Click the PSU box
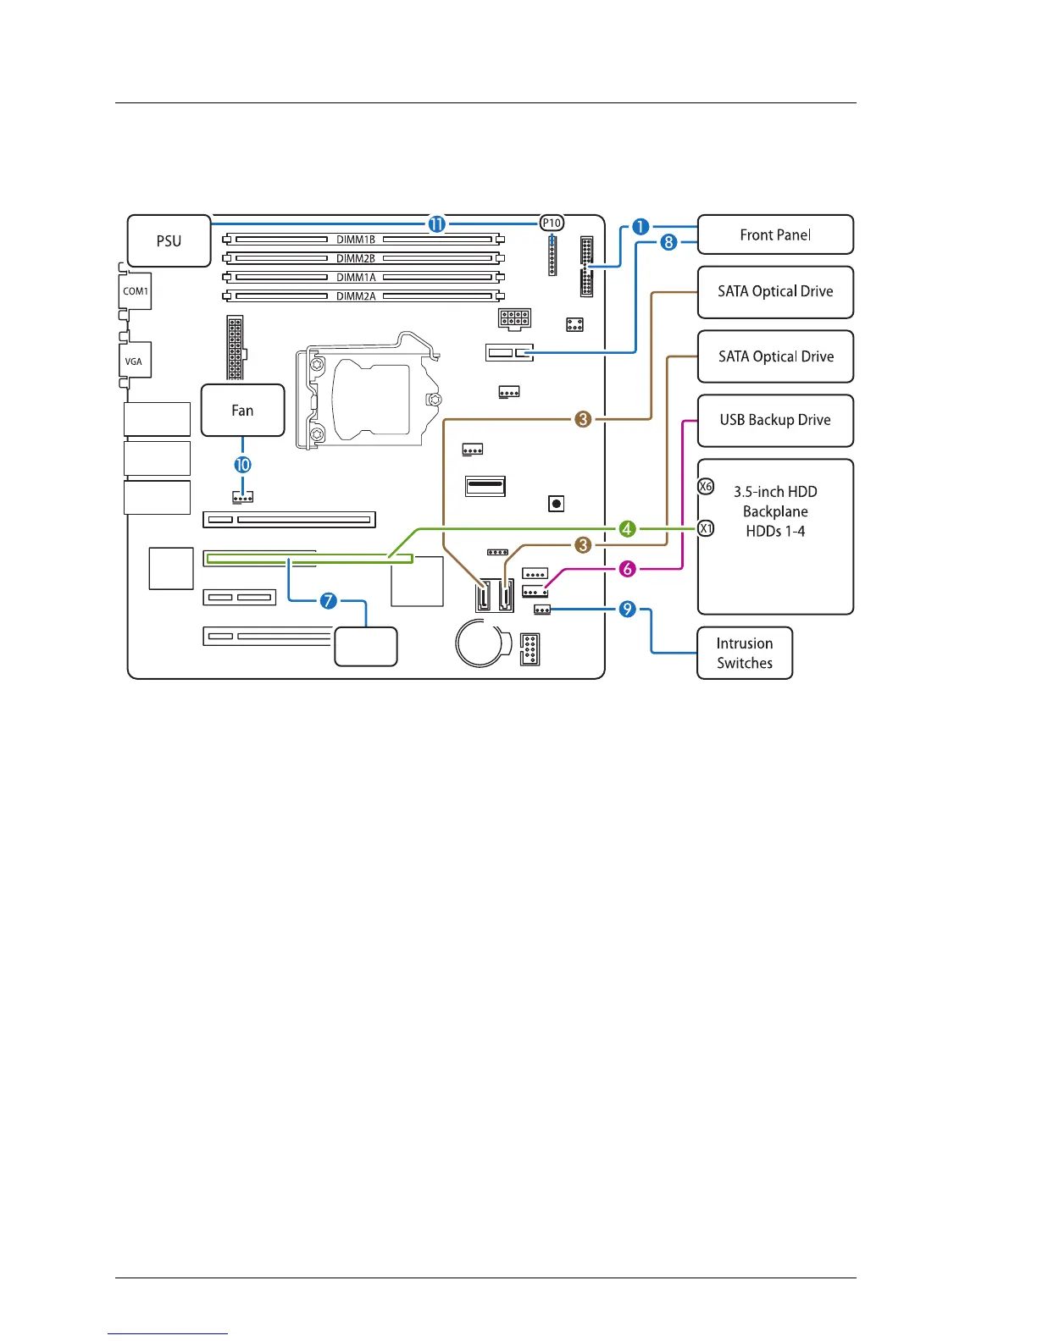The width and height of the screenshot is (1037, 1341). tap(169, 241)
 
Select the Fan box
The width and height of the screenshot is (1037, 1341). tap(242, 411)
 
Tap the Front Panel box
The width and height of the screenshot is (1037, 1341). tap(775, 235)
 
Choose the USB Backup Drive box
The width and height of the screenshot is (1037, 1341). tap(775, 420)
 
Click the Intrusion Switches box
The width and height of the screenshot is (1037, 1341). tap(745, 653)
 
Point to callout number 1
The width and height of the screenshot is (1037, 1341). tap(640, 227)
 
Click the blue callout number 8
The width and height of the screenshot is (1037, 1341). tap(668, 243)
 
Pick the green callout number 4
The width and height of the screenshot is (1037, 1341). tap(627, 529)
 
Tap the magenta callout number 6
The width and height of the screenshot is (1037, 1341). tap(627, 569)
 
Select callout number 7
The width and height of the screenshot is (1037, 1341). tap(329, 601)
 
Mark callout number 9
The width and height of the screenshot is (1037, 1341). tap(627, 609)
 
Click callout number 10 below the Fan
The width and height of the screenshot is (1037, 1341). tap(243, 465)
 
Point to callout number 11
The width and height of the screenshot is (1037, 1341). tap(436, 223)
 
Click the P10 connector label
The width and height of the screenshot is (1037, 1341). tap(552, 223)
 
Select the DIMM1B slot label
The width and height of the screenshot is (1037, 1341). tap(356, 240)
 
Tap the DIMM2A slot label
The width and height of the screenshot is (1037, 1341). tap(356, 296)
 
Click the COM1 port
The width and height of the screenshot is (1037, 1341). tap(136, 291)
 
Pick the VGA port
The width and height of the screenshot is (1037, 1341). tap(134, 361)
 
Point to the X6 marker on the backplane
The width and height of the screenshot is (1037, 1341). tap(706, 487)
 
